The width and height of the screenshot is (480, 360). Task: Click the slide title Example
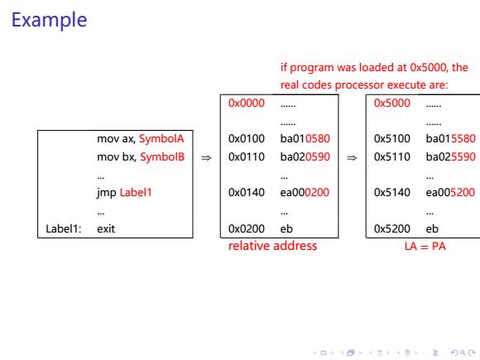tap(50, 20)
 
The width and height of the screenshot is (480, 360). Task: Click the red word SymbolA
tap(161, 139)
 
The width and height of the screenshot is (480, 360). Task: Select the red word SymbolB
tap(162, 156)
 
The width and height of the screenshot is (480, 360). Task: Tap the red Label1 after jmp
tap(136, 192)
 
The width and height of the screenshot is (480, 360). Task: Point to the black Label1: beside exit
tap(64, 228)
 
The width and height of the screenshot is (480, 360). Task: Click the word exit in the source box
tap(106, 228)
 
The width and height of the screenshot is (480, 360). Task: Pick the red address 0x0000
tap(247, 103)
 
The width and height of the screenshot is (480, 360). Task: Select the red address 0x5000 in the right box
tap(391, 103)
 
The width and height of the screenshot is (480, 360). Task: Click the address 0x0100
tap(247, 139)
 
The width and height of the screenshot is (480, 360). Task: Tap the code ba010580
tap(305, 139)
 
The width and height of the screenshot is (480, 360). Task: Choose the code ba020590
tap(305, 156)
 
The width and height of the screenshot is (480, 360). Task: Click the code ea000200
tap(305, 192)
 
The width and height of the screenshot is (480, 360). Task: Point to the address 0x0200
tap(247, 228)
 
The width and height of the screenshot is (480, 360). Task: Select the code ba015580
tap(450, 139)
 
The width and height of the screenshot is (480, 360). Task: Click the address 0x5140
tap(391, 192)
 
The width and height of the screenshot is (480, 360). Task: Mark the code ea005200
tap(450, 192)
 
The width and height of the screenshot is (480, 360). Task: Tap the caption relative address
tap(272, 246)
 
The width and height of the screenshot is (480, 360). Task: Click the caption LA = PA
tap(425, 246)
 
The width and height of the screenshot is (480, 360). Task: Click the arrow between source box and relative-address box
tap(206, 157)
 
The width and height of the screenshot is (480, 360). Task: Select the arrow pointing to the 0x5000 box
tap(352, 157)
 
